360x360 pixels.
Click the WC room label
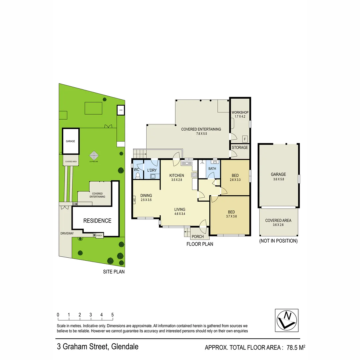coord(136,170)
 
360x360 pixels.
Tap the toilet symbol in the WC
coord(137,175)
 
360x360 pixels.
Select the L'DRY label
coord(152,170)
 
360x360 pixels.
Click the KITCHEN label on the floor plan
coord(176,175)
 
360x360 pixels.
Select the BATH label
coord(212,169)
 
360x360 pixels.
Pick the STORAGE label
coord(240,147)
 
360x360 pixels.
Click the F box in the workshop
coord(245,139)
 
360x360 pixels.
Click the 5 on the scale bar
coord(112,315)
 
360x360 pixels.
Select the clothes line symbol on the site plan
coord(94,155)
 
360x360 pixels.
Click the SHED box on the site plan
coord(121,110)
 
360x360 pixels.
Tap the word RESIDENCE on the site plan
coord(97,221)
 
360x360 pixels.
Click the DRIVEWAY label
coord(67,233)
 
